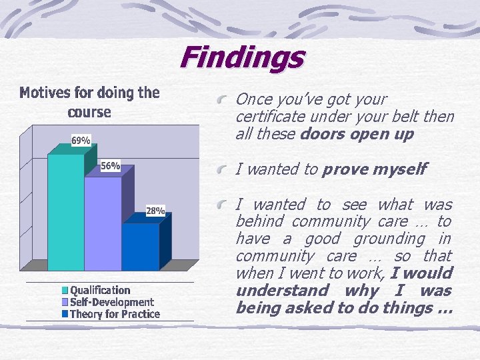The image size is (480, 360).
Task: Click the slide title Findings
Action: coord(241,57)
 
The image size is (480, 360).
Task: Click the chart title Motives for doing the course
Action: coord(89,102)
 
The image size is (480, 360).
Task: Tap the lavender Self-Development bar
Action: coord(103,223)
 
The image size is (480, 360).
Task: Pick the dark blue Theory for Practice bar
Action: coord(140,246)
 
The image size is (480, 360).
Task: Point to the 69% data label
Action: coord(81,140)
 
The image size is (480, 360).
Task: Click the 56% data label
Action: coord(110,166)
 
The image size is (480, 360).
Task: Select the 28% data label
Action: coord(155,211)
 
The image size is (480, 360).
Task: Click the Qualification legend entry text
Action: coord(100,290)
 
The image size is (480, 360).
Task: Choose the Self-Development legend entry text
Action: coord(112,302)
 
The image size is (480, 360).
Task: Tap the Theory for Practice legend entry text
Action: coord(115,314)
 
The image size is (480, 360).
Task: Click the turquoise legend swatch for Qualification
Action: coord(65,291)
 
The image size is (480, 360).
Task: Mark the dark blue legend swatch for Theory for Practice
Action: coord(65,314)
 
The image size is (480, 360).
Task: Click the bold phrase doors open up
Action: coord(357,134)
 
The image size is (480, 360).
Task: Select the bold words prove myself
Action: coord(374,169)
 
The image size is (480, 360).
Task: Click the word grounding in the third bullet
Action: coord(389,239)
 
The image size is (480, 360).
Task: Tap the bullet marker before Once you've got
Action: coord(226,100)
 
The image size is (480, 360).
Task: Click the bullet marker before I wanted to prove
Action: coord(226,170)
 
